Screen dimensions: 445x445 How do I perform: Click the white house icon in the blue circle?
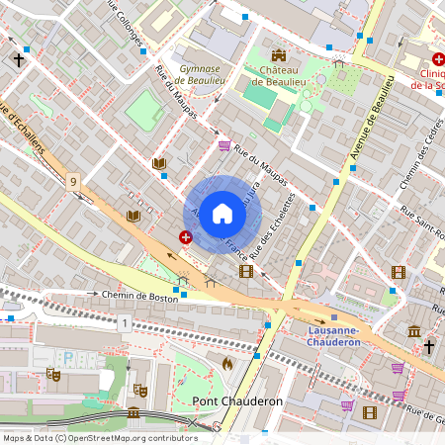[222, 213]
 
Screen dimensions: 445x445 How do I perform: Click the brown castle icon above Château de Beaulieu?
[278, 55]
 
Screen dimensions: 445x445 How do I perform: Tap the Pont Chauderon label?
[237, 400]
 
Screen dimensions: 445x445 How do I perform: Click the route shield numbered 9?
[73, 181]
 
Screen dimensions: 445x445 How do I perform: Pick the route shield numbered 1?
[124, 323]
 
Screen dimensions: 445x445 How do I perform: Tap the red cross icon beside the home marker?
[186, 236]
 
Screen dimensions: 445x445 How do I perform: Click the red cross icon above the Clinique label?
[436, 58]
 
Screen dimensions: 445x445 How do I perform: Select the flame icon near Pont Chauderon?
[227, 364]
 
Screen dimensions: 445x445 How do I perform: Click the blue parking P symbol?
[68, 357]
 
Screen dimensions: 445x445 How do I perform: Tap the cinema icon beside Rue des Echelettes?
[246, 271]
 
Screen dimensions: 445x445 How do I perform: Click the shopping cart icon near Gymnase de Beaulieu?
[224, 145]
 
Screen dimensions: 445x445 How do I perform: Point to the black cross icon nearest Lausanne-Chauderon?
[429, 346]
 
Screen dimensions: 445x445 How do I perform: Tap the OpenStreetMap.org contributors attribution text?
[129, 437]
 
